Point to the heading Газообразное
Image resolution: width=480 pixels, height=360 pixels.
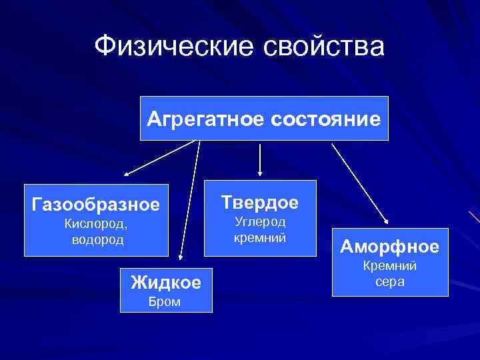pyautogui.click(x=96, y=203)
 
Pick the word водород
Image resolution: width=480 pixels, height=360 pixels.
pyautogui.click(x=97, y=239)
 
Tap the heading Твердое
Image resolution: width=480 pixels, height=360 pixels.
pyautogui.click(x=259, y=201)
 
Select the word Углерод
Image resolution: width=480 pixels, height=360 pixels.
pyautogui.click(x=259, y=221)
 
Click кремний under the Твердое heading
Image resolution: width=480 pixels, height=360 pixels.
pyautogui.click(x=259, y=237)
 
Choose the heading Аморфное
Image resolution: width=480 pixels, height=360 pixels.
pyautogui.click(x=390, y=247)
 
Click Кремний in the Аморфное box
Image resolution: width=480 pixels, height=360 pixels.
pyautogui.click(x=389, y=267)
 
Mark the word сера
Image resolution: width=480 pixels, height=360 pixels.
pyautogui.click(x=389, y=281)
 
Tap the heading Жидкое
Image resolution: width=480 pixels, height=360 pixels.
pyautogui.click(x=165, y=282)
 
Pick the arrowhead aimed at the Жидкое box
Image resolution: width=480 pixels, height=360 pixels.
pyautogui.click(x=180, y=256)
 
